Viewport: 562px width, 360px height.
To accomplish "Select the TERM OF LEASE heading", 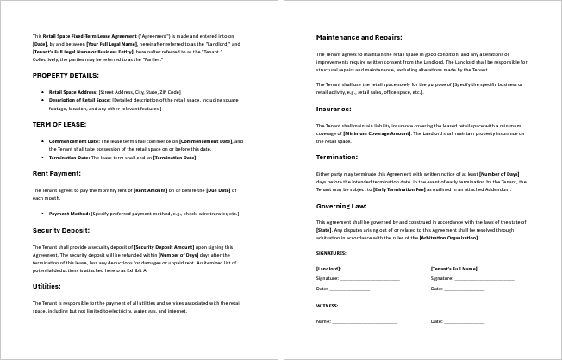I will point(58,125).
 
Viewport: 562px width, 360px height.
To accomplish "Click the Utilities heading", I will point(46,286).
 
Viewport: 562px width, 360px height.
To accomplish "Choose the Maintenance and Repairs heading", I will point(357,38).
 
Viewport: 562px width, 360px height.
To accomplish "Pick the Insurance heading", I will point(334,109).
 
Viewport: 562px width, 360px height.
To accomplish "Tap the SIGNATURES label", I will point(331,253).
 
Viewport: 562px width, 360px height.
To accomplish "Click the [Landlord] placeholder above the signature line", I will point(329,269).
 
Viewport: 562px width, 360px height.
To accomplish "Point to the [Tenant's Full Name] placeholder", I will point(454,269).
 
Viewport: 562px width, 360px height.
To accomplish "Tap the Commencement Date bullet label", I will point(76,140).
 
